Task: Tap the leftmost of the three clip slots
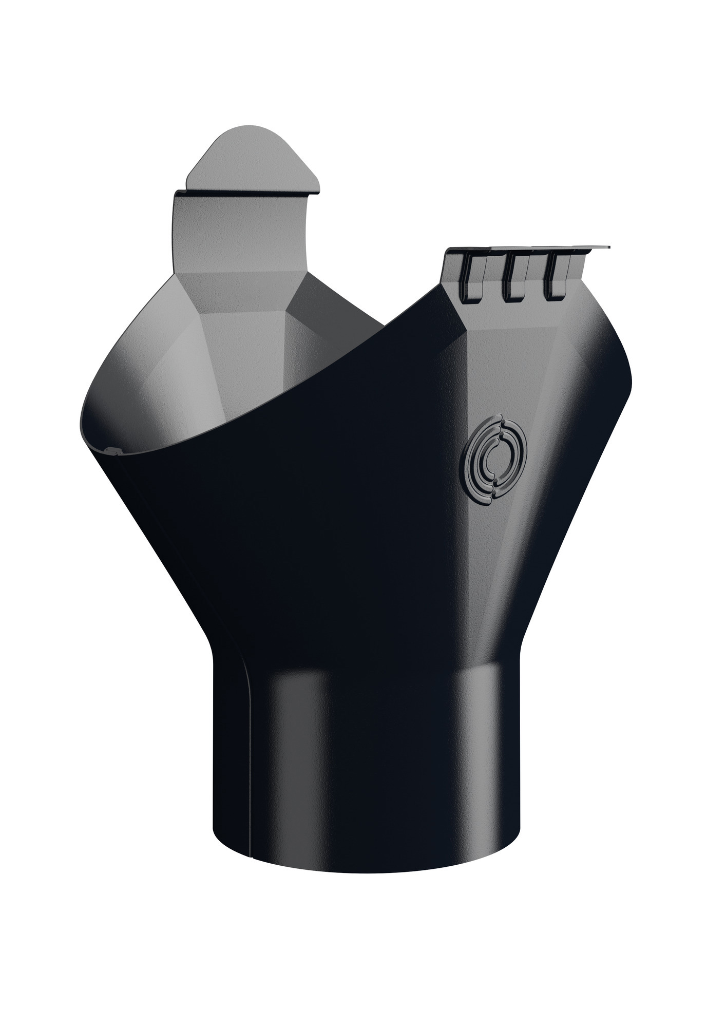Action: coord(473,278)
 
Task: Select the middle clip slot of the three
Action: coord(514,278)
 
